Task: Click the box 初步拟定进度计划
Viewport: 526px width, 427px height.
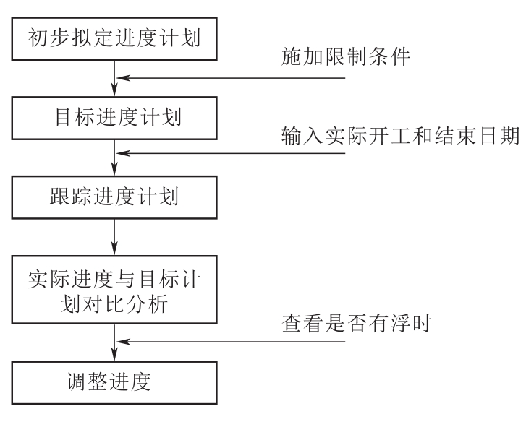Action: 115,37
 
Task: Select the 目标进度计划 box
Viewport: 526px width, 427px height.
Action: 115,116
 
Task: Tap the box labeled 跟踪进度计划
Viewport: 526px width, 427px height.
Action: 115,197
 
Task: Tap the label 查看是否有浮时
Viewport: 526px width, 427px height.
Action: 356,323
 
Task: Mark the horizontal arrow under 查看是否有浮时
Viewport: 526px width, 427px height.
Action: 239,341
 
